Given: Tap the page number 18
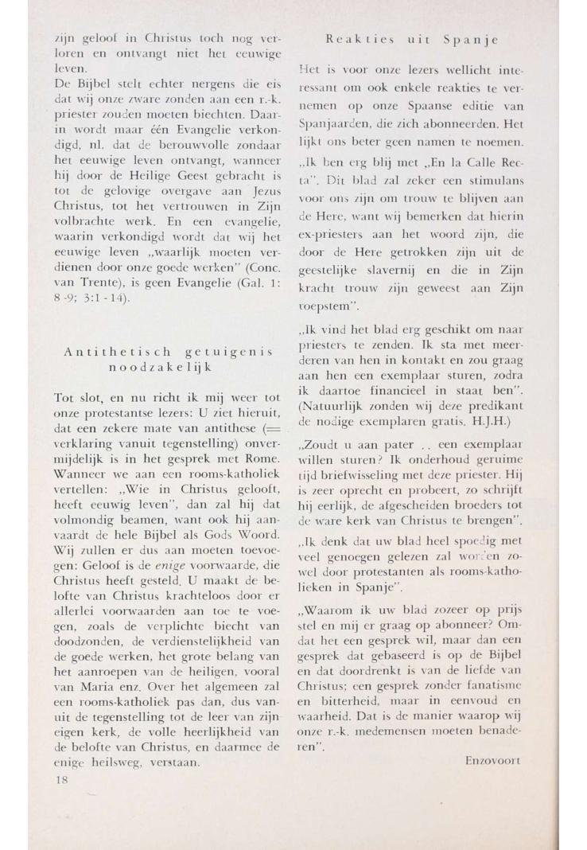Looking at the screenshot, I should (63, 781).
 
